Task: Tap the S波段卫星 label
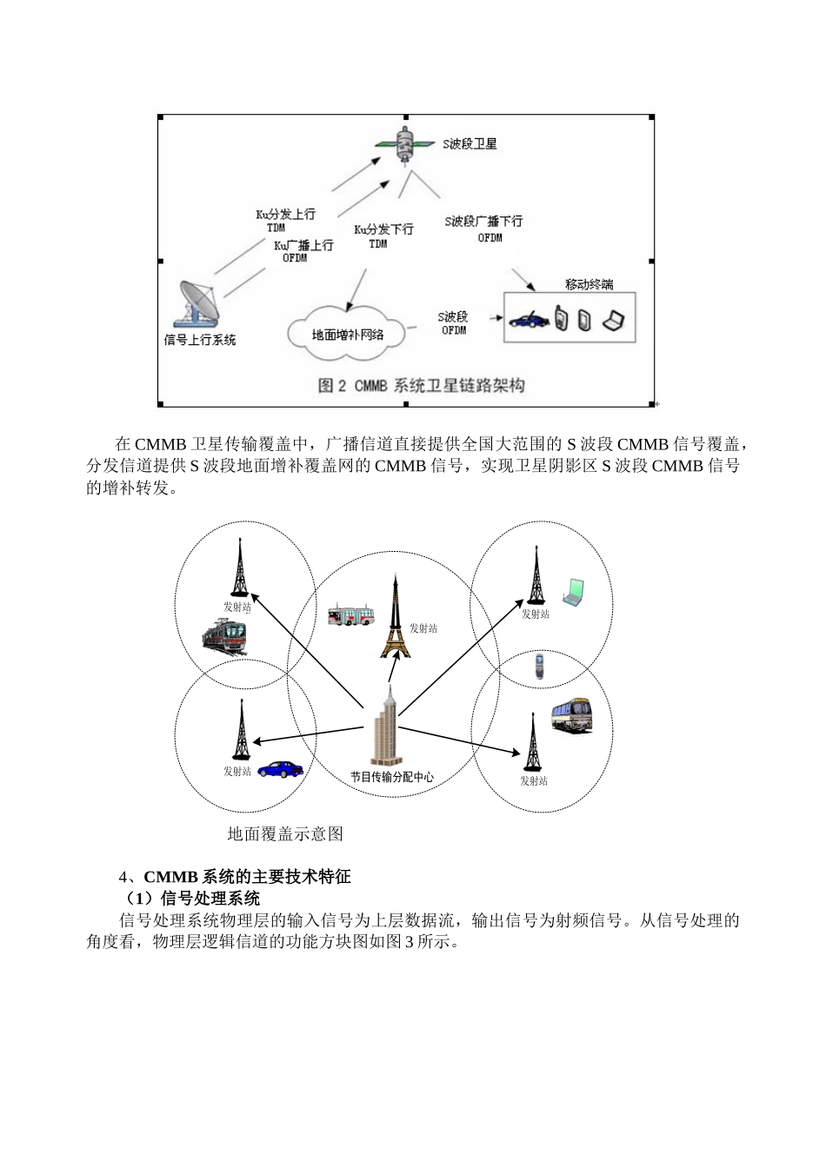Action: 470,144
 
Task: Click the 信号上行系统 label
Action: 200,340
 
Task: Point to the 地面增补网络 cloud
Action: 348,334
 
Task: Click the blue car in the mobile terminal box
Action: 528,320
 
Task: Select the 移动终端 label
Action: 589,284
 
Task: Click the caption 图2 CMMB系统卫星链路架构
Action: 421,385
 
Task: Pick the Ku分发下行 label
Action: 383,229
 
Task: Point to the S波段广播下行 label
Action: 484,222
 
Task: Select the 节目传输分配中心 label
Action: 391,777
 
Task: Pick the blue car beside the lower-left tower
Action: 280,768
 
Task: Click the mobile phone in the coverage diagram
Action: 540,667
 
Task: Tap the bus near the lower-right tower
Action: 571,715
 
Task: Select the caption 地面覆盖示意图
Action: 285,834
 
